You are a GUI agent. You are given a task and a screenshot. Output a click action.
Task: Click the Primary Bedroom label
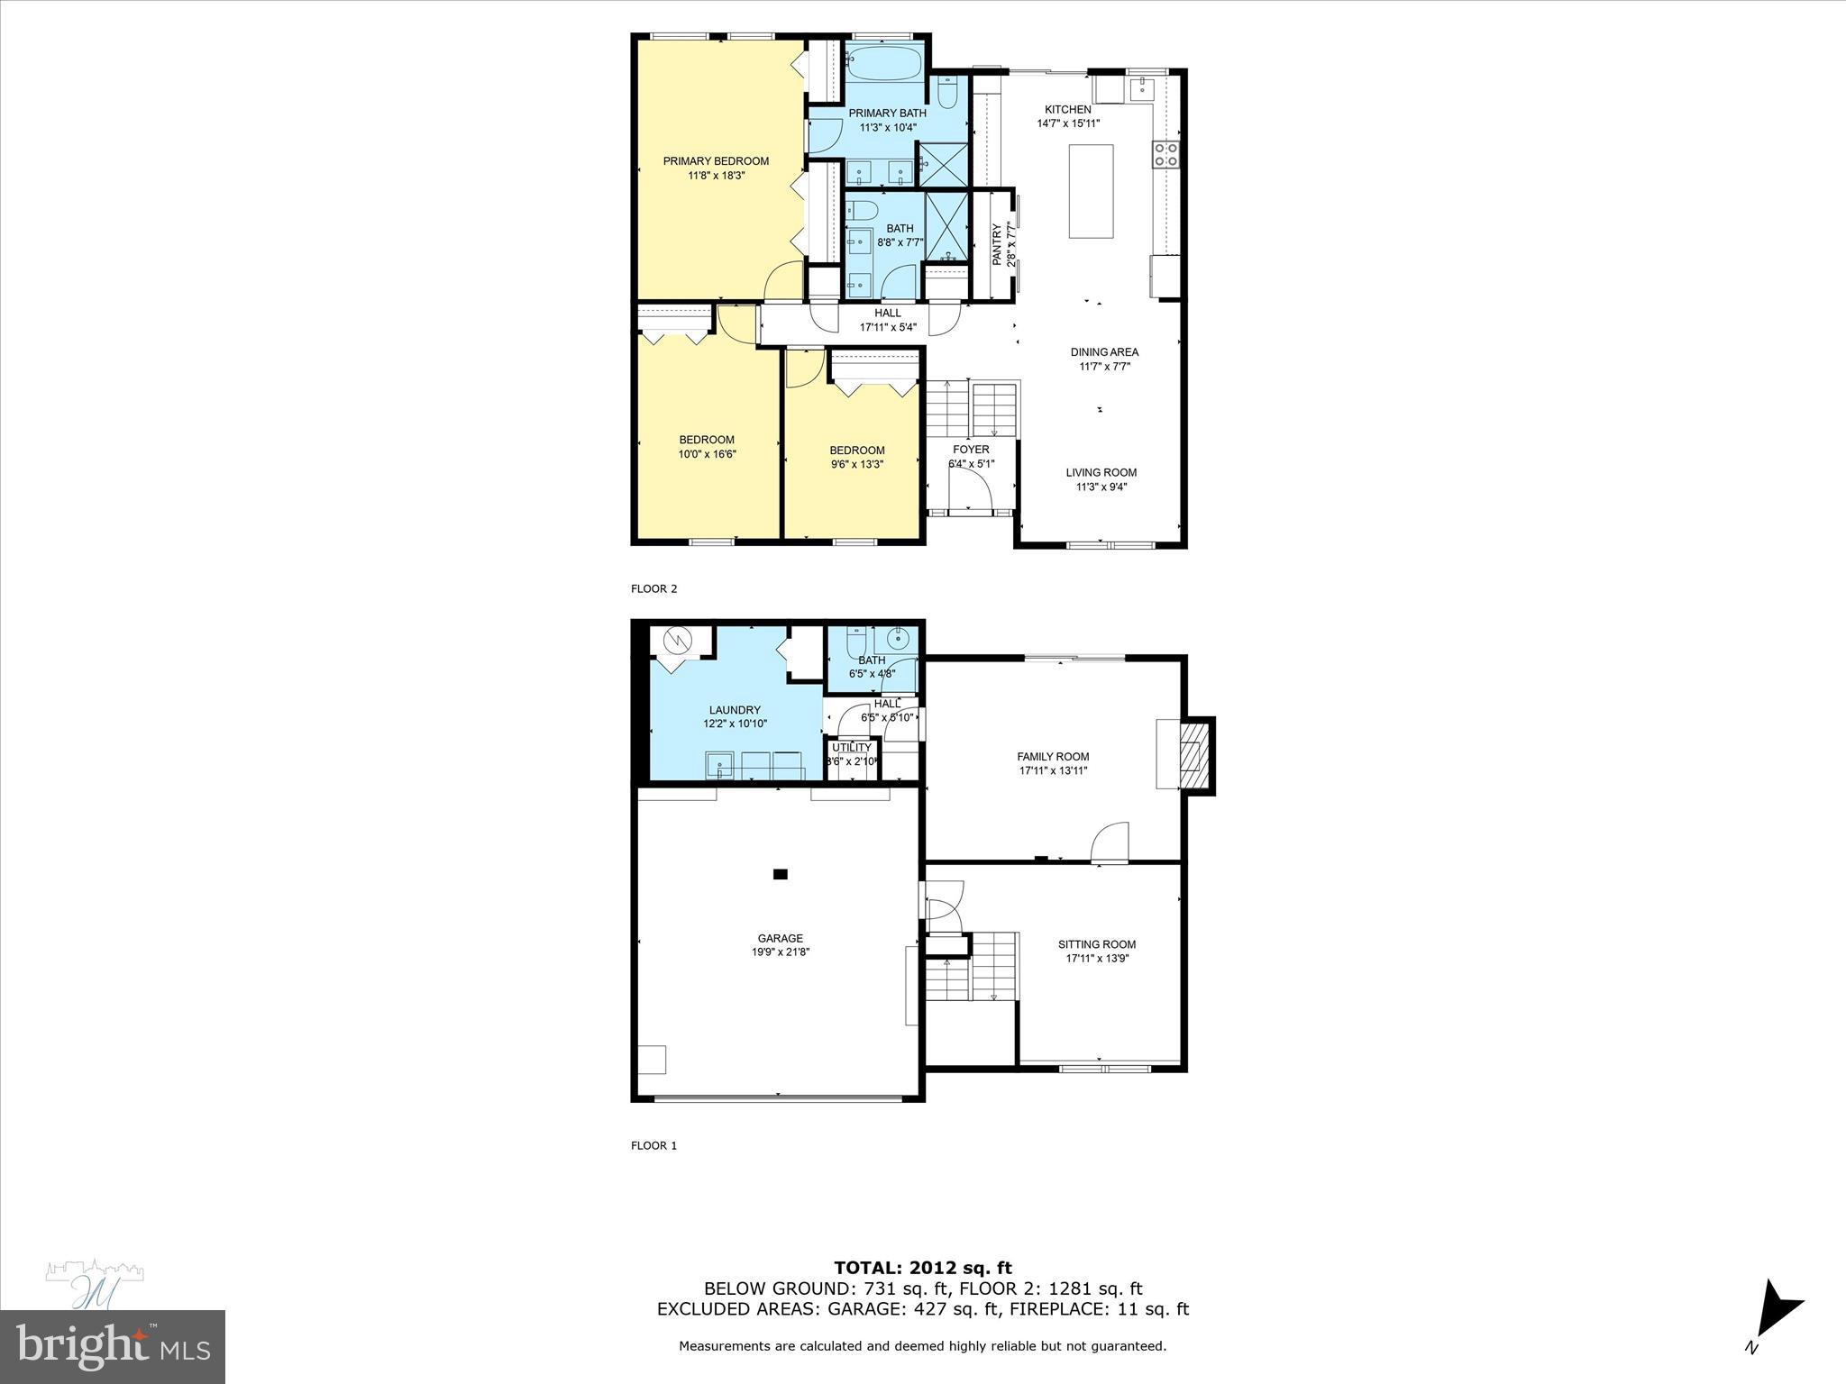pyautogui.click(x=716, y=161)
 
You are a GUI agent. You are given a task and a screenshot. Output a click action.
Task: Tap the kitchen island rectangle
pyautogui.click(x=1091, y=191)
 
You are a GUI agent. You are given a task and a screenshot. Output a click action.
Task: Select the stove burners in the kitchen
pyautogui.click(x=1165, y=154)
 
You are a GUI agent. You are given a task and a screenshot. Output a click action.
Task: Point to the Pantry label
pyautogui.click(x=998, y=244)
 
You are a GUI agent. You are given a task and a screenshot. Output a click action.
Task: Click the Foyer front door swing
pyautogui.click(x=973, y=492)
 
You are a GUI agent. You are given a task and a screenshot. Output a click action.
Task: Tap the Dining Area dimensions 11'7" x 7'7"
pyautogui.click(x=1104, y=367)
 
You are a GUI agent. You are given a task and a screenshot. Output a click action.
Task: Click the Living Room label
pyautogui.click(x=1101, y=472)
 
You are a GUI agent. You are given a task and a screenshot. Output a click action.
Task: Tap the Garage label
pyautogui.click(x=780, y=938)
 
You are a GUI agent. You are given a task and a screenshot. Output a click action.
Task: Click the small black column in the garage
pyautogui.click(x=781, y=873)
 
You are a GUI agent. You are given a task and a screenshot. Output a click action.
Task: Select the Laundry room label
pyautogui.click(x=735, y=710)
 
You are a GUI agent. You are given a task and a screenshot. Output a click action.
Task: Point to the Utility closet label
pyautogui.click(x=851, y=747)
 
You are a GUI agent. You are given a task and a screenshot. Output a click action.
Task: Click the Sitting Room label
pyautogui.click(x=1097, y=944)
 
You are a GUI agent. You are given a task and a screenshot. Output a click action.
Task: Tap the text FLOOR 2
pyautogui.click(x=653, y=589)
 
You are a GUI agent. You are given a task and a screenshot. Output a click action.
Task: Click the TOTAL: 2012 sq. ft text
pyautogui.click(x=922, y=1269)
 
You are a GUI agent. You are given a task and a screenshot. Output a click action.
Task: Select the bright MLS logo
pyautogui.click(x=113, y=1347)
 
